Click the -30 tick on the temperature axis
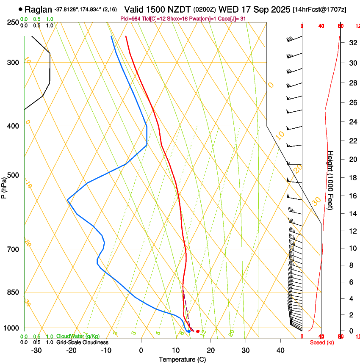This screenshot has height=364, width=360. point(36,350)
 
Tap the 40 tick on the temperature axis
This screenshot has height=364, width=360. point(280,350)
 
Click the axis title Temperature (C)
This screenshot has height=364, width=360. point(182,359)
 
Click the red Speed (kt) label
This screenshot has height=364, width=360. point(322,342)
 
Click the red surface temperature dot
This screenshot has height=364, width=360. point(198,331)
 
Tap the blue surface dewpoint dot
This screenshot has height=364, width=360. point(189,331)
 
